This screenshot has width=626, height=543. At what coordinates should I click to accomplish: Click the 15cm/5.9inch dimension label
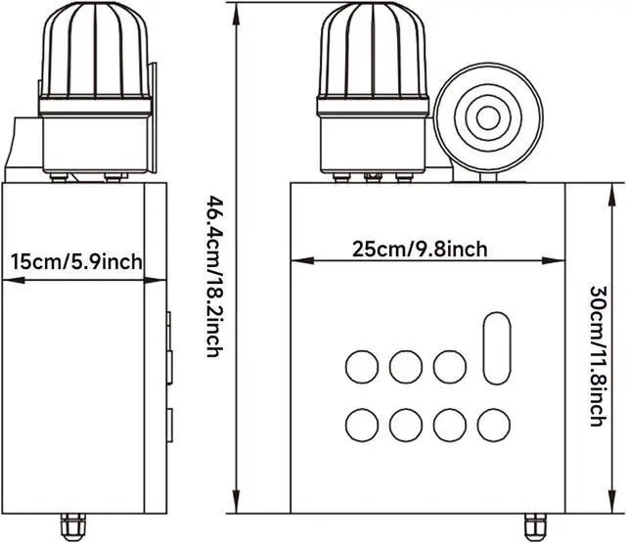(76, 262)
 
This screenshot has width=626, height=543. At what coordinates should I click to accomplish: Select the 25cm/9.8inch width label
(420, 249)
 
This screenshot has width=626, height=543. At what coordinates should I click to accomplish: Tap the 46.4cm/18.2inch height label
(214, 276)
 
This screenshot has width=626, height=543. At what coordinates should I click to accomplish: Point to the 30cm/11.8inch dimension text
(599, 356)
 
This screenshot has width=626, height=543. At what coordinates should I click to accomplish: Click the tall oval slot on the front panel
(497, 348)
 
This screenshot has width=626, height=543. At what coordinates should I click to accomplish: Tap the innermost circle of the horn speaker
(488, 118)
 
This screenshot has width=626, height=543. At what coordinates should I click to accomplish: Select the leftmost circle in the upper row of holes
(362, 367)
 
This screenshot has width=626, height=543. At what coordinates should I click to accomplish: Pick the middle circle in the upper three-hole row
(406, 367)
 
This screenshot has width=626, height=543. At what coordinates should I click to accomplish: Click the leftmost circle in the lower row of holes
(362, 426)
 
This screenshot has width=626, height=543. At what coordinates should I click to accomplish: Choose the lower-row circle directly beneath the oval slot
(494, 426)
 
